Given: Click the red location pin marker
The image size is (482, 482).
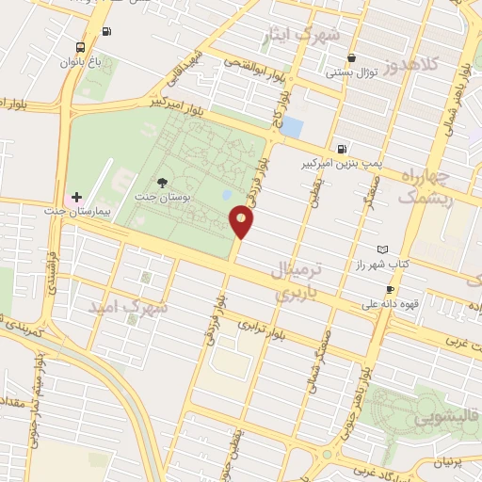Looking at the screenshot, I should coord(241,222).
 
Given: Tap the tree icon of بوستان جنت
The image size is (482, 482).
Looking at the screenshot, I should coord(163,183).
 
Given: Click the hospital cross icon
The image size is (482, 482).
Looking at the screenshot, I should coord(77,196).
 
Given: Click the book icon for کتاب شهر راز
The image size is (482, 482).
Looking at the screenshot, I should coord(381,249).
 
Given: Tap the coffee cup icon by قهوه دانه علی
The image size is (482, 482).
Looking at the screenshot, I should coord(390,289).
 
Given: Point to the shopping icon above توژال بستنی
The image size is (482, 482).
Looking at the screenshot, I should coord(351,56).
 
